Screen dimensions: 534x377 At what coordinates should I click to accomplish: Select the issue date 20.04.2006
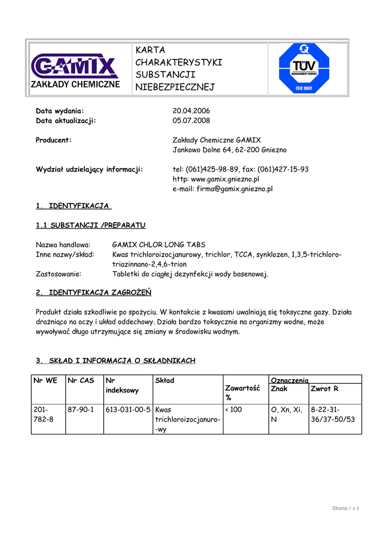(x=191, y=111)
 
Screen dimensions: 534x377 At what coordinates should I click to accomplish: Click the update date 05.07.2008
(x=191, y=120)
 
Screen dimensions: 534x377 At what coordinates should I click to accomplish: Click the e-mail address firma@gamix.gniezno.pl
(x=222, y=189)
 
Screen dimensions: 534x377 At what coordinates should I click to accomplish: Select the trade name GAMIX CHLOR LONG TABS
(x=159, y=245)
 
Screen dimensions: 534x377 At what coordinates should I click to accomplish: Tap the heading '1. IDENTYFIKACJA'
(x=73, y=206)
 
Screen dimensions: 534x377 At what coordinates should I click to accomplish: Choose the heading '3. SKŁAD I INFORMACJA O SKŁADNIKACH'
(x=115, y=361)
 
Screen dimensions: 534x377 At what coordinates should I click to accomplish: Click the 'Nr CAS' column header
(x=80, y=381)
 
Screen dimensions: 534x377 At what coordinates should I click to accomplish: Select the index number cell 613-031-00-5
(x=128, y=410)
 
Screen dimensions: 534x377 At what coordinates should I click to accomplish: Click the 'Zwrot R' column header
(x=324, y=389)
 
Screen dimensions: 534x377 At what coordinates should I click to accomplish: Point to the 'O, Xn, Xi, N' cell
(x=287, y=415)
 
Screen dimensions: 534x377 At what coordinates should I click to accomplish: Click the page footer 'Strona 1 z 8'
(x=346, y=508)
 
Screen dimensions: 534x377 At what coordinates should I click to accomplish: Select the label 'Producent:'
(x=54, y=140)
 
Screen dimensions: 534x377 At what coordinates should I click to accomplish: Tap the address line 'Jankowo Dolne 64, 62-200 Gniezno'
(x=229, y=150)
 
